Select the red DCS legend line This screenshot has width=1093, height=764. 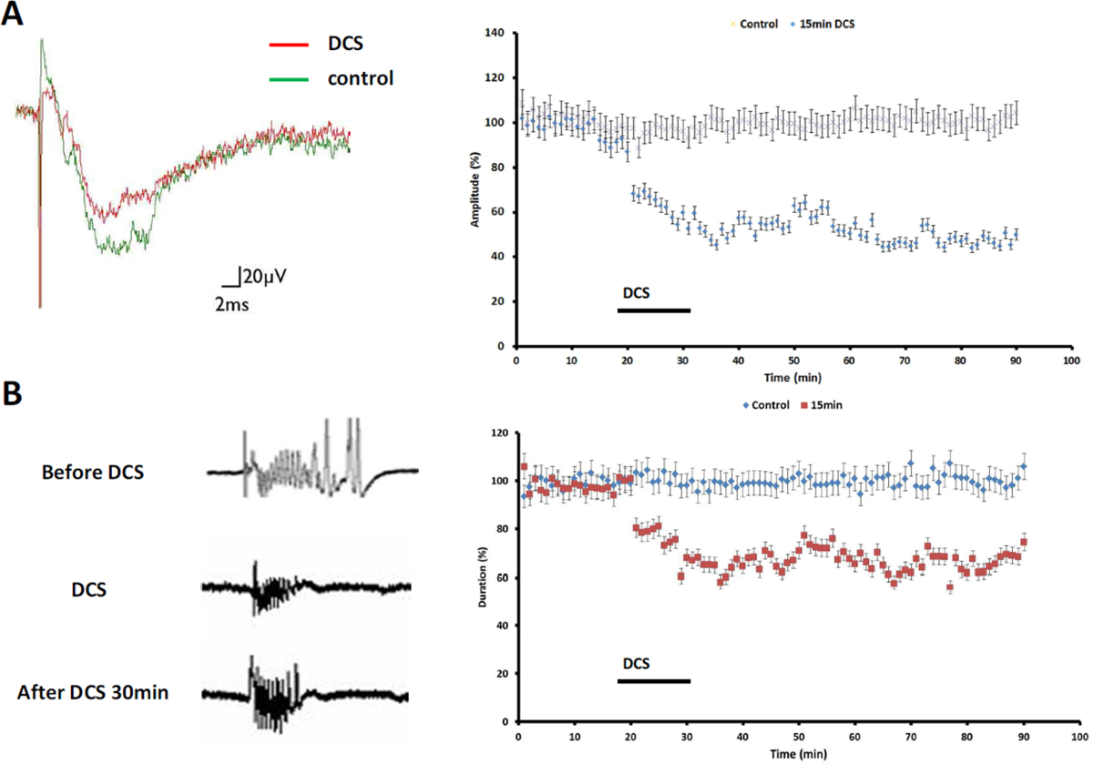click(290, 43)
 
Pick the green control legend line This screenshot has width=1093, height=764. click(290, 79)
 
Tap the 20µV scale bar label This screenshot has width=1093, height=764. click(265, 276)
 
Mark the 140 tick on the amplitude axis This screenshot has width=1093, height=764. click(501, 34)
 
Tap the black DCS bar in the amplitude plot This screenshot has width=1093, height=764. click(653, 311)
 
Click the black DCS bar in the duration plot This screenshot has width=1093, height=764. click(653, 681)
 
